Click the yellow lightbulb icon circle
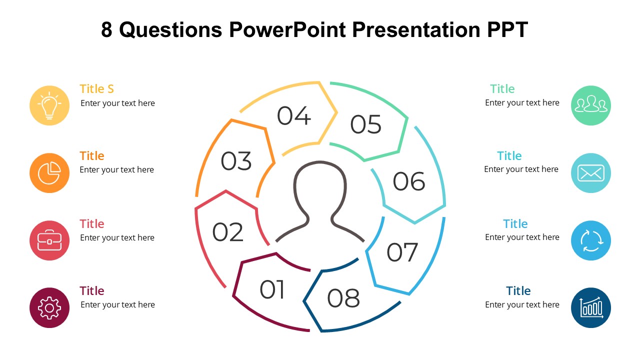pyautogui.click(x=49, y=105)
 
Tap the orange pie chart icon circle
pyautogui.click(x=49, y=173)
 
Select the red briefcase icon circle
pyautogui.click(x=49, y=240)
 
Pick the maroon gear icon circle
pyautogui.click(x=49, y=307)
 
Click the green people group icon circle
pyautogui.click(x=591, y=105)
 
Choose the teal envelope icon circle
pyautogui.click(x=591, y=173)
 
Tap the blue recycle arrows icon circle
pyautogui.click(x=591, y=240)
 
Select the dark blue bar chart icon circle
pyautogui.click(x=591, y=307)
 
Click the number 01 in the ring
pyautogui.click(x=271, y=289)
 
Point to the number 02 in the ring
pyautogui.click(x=227, y=232)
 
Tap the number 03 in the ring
pyautogui.click(x=236, y=161)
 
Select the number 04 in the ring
pyautogui.click(x=293, y=115)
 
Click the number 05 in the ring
pyautogui.click(x=365, y=124)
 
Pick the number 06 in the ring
pyautogui.click(x=409, y=181)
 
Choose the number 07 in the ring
pyautogui.click(x=402, y=252)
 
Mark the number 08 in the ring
pyautogui.click(x=343, y=298)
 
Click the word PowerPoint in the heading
pyautogui.click(x=287, y=29)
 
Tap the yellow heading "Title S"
pyautogui.click(x=96, y=89)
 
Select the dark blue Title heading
pyautogui.click(x=518, y=291)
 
